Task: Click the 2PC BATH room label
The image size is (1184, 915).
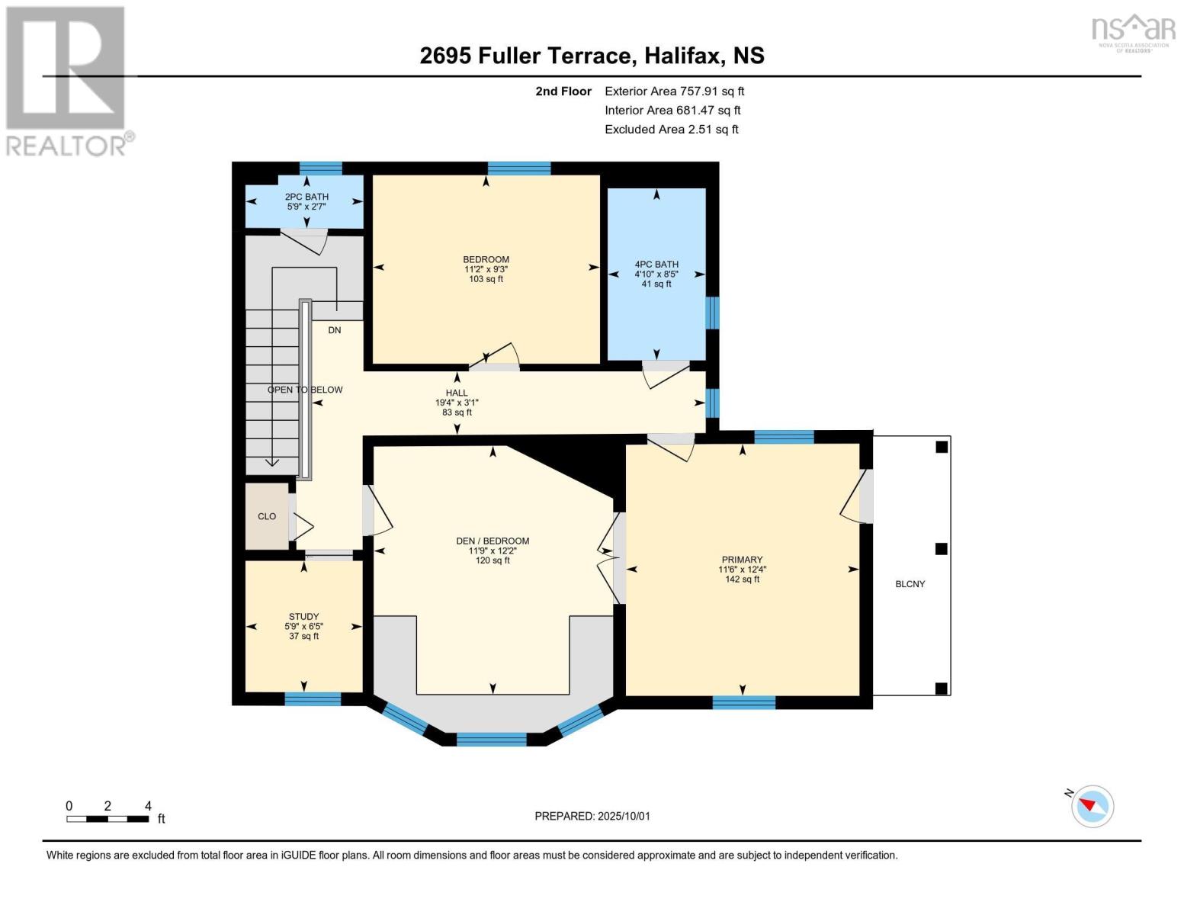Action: (306, 197)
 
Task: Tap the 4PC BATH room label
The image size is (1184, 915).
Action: (656, 265)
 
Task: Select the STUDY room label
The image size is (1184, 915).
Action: (303, 617)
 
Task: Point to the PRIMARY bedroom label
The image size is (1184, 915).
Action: (742, 560)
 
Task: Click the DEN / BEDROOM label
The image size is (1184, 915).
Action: (493, 541)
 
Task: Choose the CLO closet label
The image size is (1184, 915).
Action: (267, 516)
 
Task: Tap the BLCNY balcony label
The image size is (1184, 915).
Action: (910, 583)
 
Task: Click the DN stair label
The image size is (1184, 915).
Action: (335, 330)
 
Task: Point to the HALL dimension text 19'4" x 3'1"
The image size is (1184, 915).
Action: (457, 403)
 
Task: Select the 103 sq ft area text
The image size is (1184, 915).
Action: (486, 279)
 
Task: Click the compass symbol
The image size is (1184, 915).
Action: (1092, 807)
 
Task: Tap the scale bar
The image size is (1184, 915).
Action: (108, 818)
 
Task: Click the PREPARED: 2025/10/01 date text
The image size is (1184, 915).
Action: (592, 816)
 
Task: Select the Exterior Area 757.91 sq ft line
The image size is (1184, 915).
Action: (674, 91)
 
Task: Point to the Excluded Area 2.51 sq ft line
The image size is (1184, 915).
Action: (671, 130)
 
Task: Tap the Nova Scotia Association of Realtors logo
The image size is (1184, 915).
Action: (1133, 34)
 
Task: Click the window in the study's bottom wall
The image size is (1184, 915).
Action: (313, 698)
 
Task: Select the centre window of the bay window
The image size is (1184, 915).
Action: (492, 740)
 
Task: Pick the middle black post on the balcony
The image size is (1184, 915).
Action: (941, 549)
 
